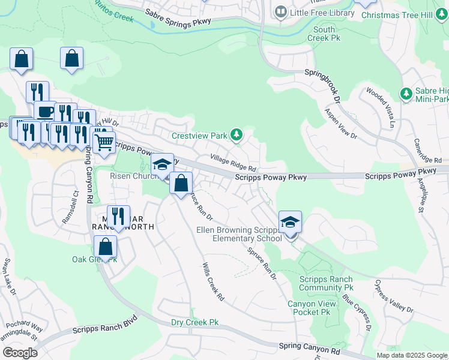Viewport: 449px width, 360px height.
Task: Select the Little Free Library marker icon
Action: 280,11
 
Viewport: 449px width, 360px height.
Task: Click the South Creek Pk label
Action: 324,34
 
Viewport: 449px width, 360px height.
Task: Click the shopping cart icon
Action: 104,143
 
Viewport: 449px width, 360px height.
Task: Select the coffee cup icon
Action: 44,111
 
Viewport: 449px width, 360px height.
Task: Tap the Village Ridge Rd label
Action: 234,162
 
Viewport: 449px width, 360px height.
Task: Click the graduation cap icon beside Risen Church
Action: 162,164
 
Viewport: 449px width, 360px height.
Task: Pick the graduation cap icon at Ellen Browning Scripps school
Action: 290,222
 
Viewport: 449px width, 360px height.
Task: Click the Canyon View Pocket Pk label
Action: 310,308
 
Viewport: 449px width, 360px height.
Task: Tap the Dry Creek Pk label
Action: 194,323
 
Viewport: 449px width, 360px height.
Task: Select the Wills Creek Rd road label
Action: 213,281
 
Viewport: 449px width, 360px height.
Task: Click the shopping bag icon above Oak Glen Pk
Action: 106,246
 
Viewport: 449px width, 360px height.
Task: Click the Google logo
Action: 19,353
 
